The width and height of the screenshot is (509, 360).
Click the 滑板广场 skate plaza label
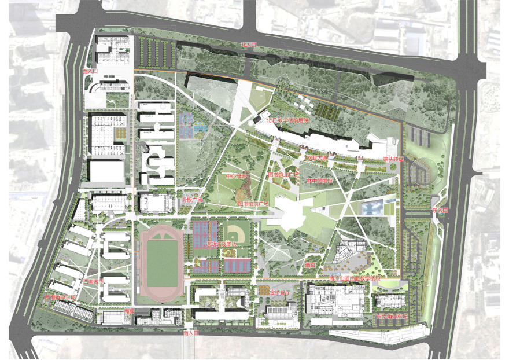(191, 200)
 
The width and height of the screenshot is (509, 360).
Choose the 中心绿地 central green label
(236, 175)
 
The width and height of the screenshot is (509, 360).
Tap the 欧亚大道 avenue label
(317, 157)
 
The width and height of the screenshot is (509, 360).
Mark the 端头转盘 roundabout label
(393, 159)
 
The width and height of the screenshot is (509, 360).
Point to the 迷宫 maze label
(310, 265)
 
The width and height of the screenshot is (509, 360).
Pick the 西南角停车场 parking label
(60, 297)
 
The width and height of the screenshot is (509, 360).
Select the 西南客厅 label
(93, 281)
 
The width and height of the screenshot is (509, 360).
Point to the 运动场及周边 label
(222, 245)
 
